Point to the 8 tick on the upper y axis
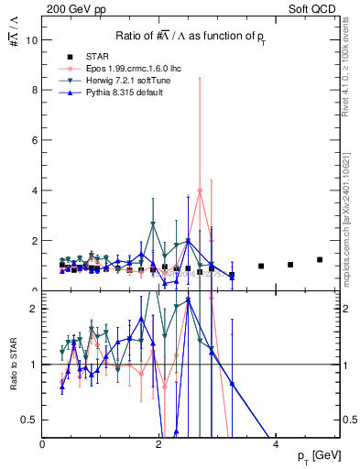[35, 91]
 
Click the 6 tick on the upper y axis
[35, 140]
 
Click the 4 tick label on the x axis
[276, 444]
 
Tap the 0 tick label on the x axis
[43, 444]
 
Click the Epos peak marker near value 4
[200, 191]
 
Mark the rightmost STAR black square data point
[320, 259]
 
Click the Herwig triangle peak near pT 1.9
[153, 224]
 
